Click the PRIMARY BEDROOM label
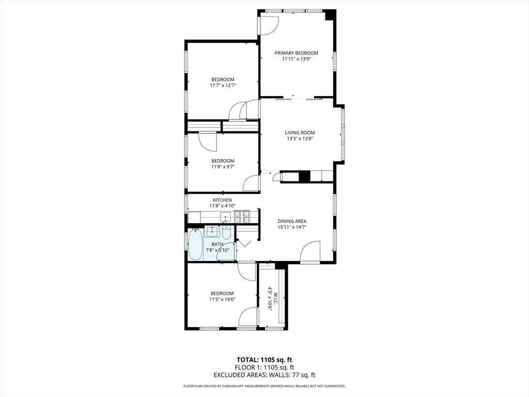296,53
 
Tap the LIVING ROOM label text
296,132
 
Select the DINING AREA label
292,221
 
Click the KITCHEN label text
222,200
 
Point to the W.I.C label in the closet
275,298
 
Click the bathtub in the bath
195,245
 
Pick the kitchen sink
226,216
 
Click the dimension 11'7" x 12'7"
223,85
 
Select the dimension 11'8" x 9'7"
223,167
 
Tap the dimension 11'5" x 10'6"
222,299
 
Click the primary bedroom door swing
269,25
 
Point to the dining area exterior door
310,254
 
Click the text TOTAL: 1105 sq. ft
264,360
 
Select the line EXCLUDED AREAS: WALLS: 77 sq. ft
264,375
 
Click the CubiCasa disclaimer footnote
264,386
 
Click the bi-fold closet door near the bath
243,242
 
